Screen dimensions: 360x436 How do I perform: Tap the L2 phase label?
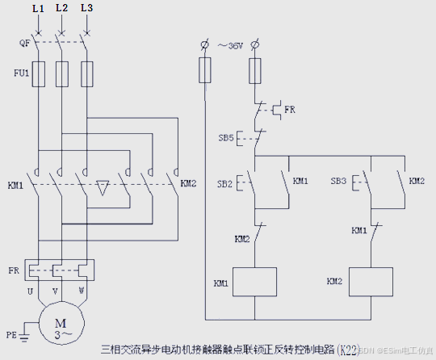(61, 7)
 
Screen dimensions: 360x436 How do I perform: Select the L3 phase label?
(86, 7)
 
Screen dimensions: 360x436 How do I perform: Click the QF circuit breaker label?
(24, 43)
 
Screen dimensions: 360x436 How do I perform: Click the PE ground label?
(11, 333)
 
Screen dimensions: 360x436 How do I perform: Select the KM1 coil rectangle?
(255, 283)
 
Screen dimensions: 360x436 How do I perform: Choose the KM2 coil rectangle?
(371, 283)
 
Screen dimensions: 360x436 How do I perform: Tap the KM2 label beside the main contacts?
(188, 183)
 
